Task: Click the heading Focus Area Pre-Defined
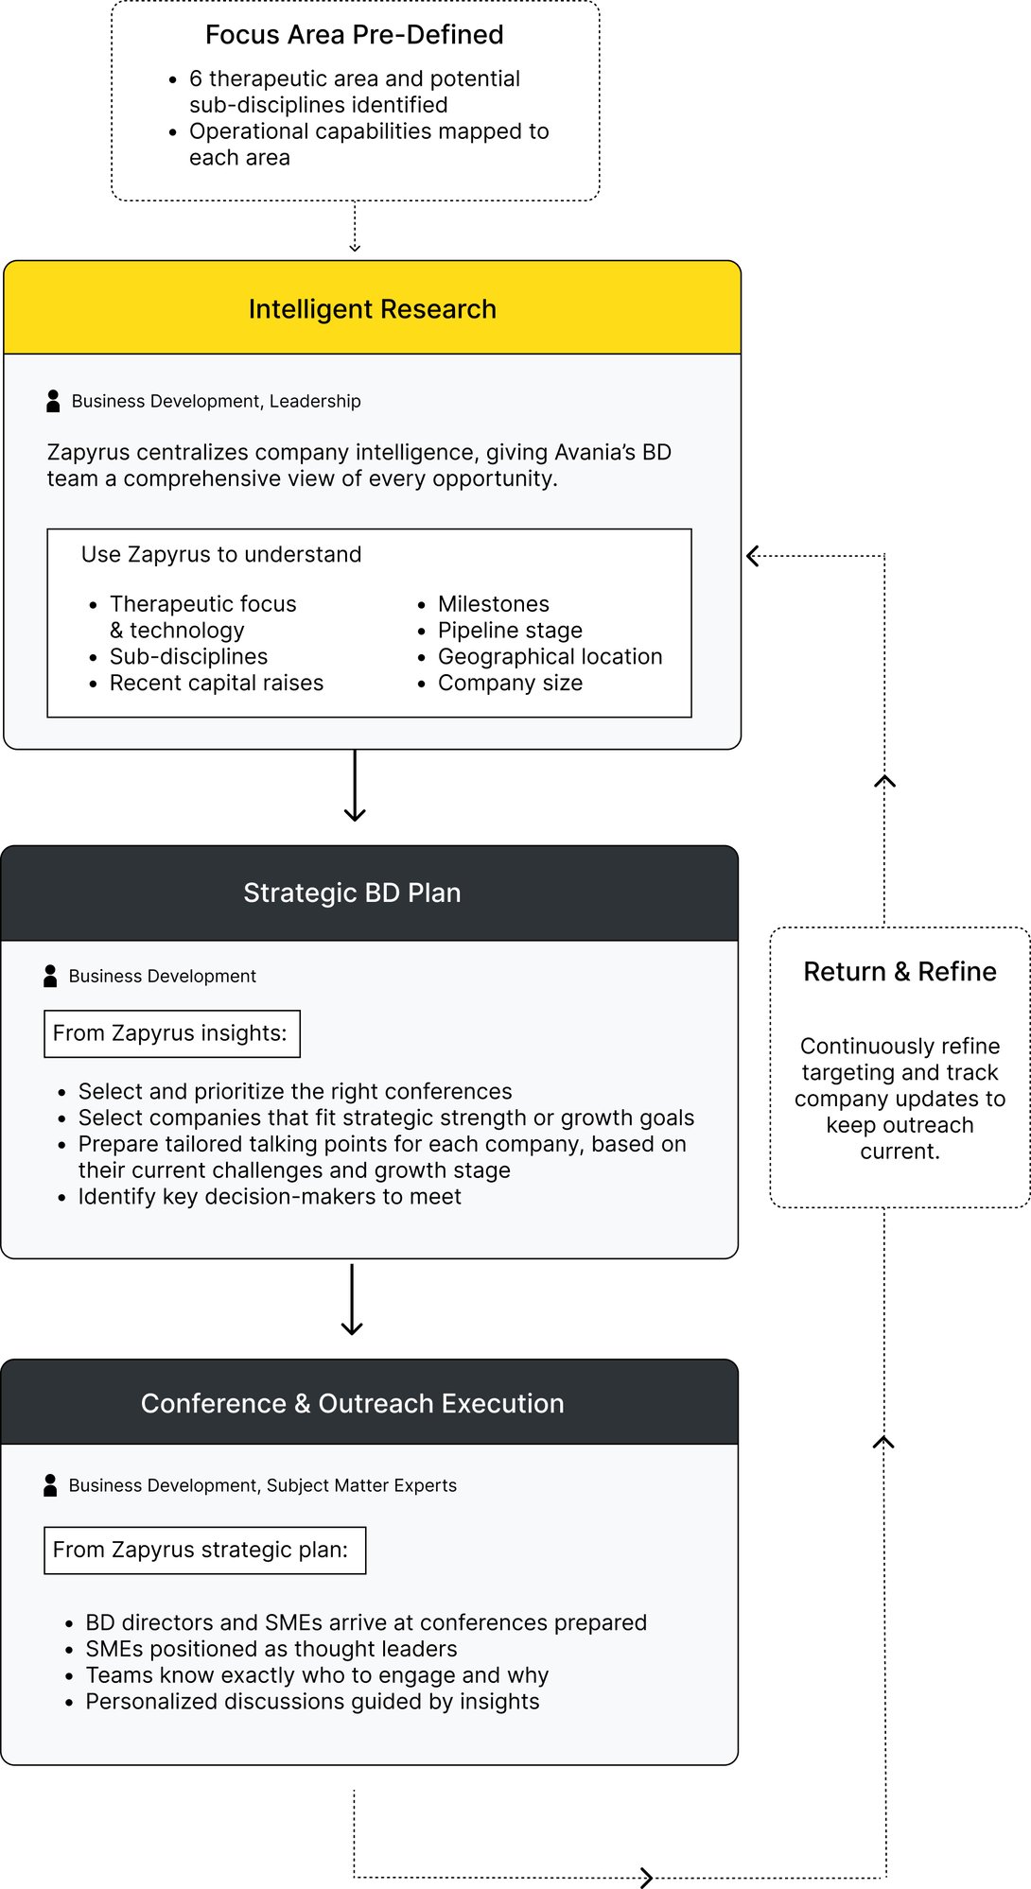tap(354, 35)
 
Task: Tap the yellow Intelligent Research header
tap(372, 309)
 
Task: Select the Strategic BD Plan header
tap(352, 893)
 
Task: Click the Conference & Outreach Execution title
tap(352, 1403)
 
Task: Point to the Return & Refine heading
tap(900, 972)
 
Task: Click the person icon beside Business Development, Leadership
tap(53, 401)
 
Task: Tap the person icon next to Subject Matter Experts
tap(50, 1485)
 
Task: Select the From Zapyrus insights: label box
tap(171, 1033)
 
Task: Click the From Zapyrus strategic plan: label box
tap(204, 1550)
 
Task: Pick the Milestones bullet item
tap(493, 604)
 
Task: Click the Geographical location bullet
tap(550, 656)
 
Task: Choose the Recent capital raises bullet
tap(216, 683)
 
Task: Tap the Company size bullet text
tap(510, 683)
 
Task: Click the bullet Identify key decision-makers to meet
tap(270, 1196)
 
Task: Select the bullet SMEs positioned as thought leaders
tap(271, 1649)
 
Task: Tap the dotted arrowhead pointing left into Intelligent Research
tap(754, 556)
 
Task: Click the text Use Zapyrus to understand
tap(221, 554)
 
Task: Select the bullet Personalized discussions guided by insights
tap(312, 1702)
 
